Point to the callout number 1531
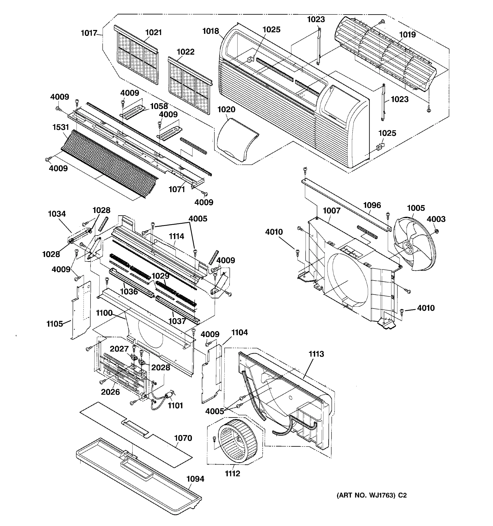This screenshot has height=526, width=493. pyautogui.click(x=60, y=127)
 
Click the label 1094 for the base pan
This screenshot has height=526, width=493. pyautogui.click(x=195, y=479)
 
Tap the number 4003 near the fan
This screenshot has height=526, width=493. pyautogui.click(x=436, y=219)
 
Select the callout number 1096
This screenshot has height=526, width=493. pyautogui.click(x=372, y=205)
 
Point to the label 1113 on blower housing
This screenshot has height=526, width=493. pyautogui.click(x=316, y=354)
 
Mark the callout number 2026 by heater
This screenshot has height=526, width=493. pyautogui.click(x=110, y=392)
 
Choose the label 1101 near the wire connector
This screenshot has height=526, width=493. pyautogui.click(x=175, y=405)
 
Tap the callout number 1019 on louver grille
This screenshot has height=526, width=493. pyautogui.click(x=407, y=35)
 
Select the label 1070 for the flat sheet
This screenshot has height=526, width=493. pyautogui.click(x=183, y=438)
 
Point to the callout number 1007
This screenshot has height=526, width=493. pyautogui.click(x=331, y=211)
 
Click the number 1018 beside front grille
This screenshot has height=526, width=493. pyautogui.click(x=211, y=31)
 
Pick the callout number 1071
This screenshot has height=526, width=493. pyautogui.click(x=177, y=189)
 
